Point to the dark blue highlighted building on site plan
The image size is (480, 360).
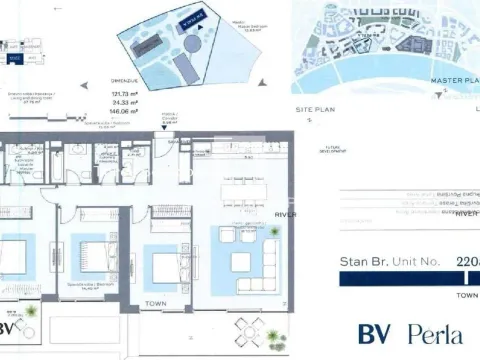186,19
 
